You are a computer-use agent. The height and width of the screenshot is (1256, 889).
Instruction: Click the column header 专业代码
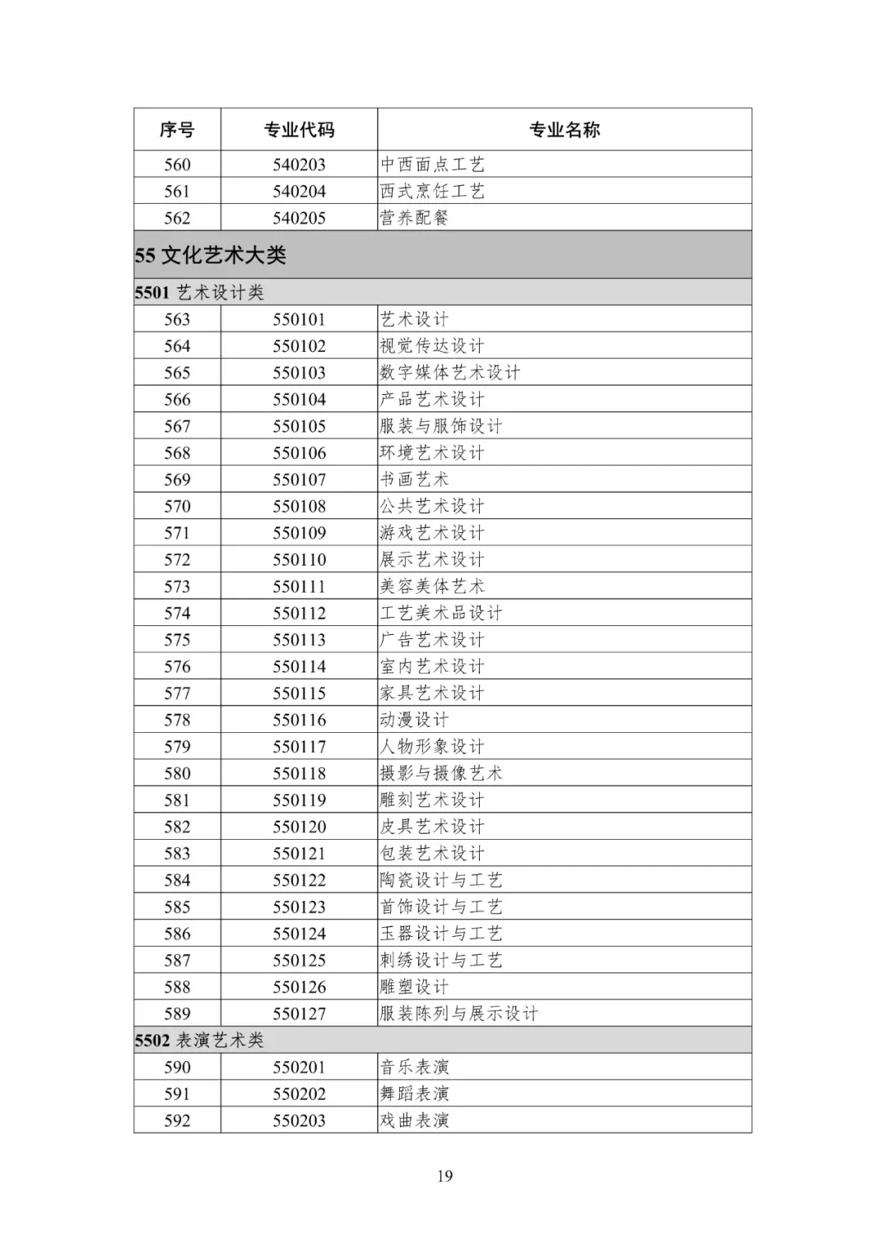tap(299, 130)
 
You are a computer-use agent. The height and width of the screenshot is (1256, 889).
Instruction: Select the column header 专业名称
tap(564, 130)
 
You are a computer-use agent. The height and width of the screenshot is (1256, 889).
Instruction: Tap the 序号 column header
tap(177, 130)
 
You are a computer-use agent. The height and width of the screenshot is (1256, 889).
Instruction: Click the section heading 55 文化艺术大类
tap(211, 255)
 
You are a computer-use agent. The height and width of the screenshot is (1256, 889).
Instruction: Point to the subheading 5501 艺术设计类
tap(199, 293)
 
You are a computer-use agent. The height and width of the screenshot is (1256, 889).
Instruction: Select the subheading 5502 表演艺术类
tap(199, 1040)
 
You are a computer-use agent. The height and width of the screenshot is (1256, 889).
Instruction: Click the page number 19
tap(444, 1176)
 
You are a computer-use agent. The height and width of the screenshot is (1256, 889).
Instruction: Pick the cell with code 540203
tap(299, 165)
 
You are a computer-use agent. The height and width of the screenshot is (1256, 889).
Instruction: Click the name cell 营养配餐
tap(415, 218)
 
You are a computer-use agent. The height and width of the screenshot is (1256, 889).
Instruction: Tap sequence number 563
tap(177, 319)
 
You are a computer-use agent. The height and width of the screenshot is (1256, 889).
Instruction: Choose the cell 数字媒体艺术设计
tap(450, 373)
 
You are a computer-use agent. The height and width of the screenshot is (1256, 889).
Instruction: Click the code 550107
tap(299, 480)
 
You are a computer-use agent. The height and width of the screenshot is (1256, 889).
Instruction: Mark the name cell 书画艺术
tap(415, 480)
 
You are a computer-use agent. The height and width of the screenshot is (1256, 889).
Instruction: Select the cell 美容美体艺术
tap(432, 586)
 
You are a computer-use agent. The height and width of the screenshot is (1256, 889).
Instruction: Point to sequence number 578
tap(177, 720)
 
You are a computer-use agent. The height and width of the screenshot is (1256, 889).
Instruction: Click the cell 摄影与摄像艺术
tap(441, 773)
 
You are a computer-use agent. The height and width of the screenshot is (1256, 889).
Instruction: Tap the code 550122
tap(299, 880)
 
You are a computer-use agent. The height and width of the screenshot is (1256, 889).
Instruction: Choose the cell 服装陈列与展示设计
tap(458, 1013)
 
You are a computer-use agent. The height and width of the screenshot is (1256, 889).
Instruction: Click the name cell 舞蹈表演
tap(415, 1094)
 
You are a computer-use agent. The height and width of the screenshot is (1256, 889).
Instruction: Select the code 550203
tap(299, 1120)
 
